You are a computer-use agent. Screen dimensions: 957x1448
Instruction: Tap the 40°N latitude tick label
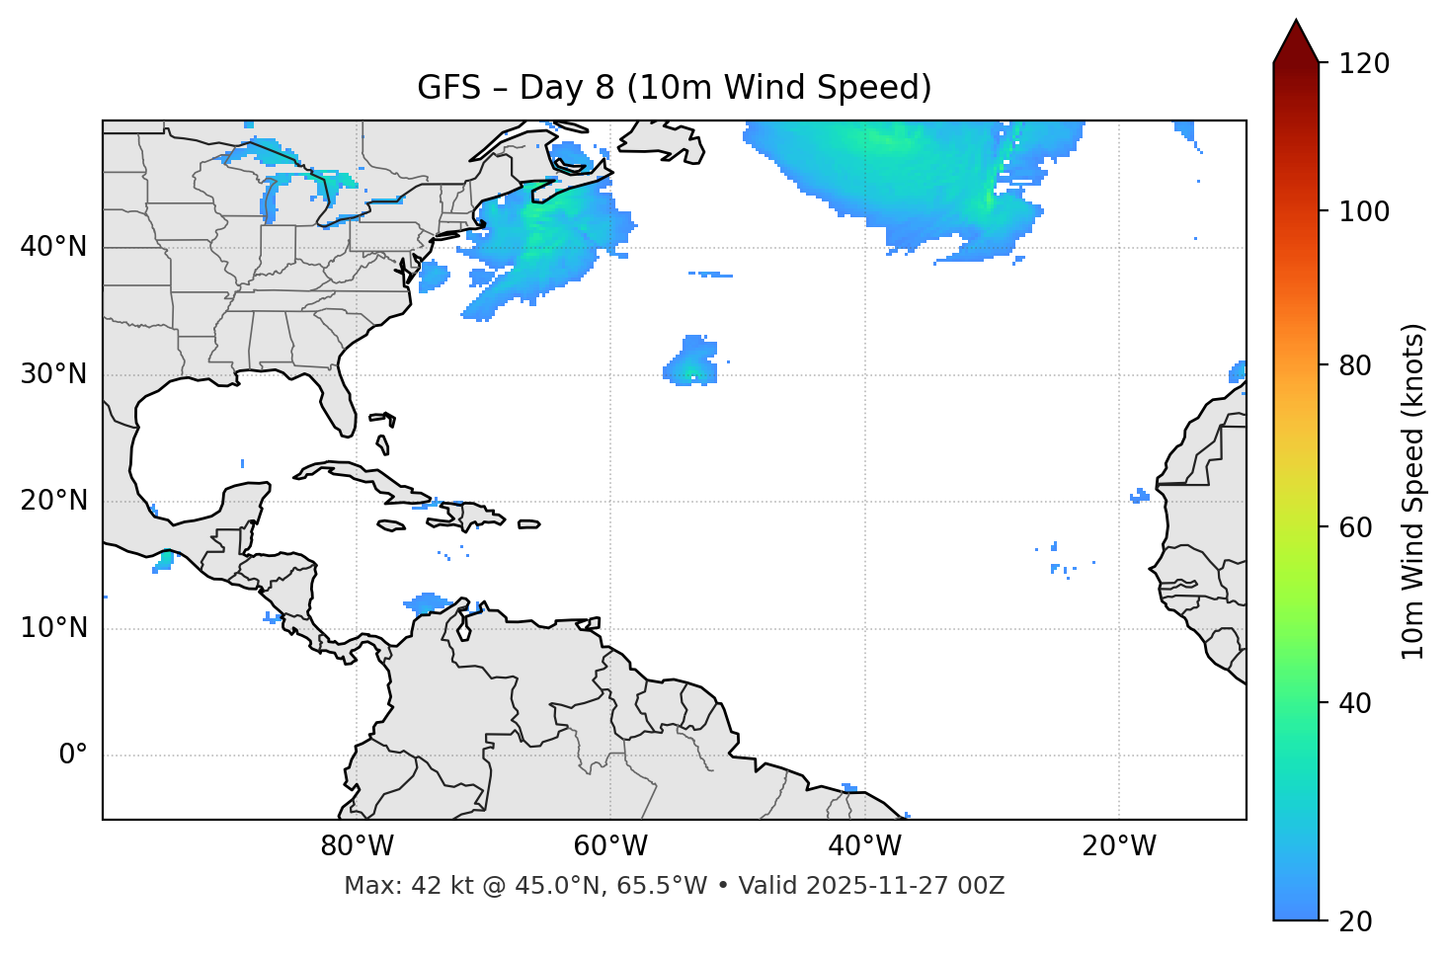coord(53,247)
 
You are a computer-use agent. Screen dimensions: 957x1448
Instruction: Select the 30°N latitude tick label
coord(53,374)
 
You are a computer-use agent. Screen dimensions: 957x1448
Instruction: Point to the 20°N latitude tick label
coord(53,501)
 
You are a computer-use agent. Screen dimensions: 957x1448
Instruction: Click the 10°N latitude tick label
coord(53,628)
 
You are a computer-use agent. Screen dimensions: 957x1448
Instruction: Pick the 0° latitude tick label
coord(73,756)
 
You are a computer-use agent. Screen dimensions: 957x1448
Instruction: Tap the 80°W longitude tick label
coord(357,846)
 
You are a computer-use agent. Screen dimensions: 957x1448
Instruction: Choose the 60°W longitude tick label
coord(610,846)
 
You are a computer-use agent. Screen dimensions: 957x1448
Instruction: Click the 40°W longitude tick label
coord(864,846)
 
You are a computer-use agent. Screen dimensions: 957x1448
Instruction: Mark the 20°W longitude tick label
coord(1118,846)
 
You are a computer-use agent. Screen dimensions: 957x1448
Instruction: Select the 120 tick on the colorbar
coord(1364,64)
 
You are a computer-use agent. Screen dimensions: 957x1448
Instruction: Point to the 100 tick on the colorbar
coord(1364,211)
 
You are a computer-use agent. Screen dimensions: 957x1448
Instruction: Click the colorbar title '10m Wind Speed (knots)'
coord(1413,491)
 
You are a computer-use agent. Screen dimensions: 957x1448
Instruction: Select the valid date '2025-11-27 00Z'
coord(905,886)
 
